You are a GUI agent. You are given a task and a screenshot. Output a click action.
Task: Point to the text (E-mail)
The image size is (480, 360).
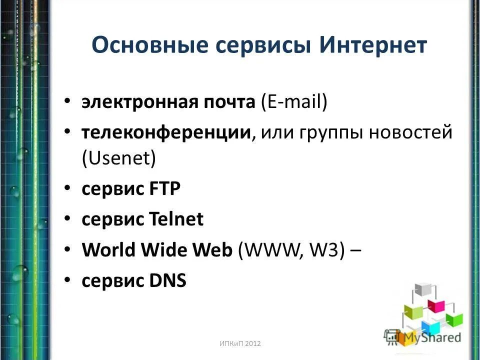coord(294,102)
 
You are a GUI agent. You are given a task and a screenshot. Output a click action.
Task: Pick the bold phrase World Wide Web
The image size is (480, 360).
coord(157,250)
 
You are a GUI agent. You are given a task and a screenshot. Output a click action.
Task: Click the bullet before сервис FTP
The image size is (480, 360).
coord(67,189)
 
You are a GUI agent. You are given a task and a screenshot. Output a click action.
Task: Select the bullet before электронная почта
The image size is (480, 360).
coord(67,103)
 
